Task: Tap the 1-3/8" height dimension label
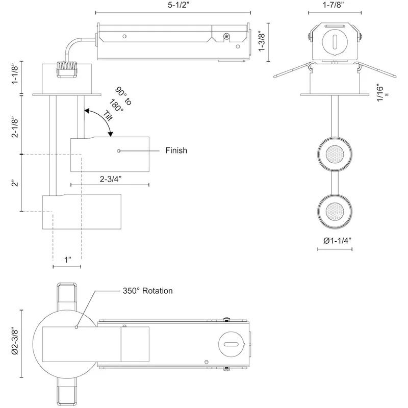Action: (x=262, y=42)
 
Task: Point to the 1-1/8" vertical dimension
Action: (x=15, y=74)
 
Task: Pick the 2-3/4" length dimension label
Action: (x=111, y=179)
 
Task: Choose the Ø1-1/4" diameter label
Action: (x=337, y=240)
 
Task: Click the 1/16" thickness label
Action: (x=381, y=93)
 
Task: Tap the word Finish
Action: (x=176, y=150)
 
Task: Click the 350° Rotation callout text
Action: (x=147, y=291)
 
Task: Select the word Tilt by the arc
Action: (x=108, y=116)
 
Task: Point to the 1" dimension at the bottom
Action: (x=68, y=260)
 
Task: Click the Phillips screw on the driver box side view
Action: (x=226, y=36)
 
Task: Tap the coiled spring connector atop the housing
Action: (x=67, y=69)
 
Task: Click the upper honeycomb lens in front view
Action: (x=335, y=155)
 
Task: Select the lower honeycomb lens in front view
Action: (x=335, y=211)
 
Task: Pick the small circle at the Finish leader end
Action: (x=119, y=151)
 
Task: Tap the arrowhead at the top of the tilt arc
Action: (x=87, y=111)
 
